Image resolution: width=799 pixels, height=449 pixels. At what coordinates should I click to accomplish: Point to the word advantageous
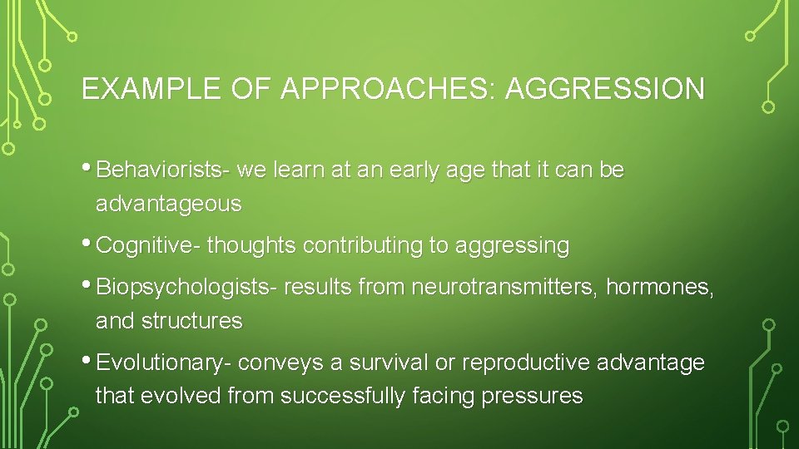(x=169, y=204)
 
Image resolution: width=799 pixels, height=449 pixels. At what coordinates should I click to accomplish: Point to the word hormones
(x=660, y=288)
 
